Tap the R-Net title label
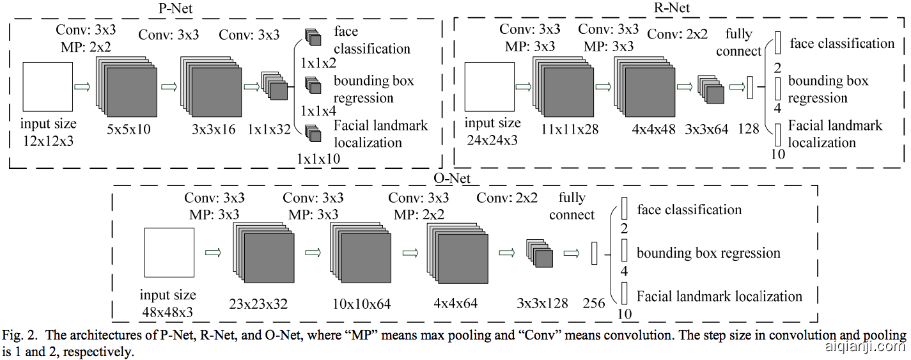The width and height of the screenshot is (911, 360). pos(671,8)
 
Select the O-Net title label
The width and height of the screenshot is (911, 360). pos(452,178)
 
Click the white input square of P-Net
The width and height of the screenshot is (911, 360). pos(47,86)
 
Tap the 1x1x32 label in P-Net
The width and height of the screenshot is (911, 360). pos(269,130)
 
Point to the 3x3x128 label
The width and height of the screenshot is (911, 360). pos(542,304)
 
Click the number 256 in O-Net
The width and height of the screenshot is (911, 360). pos(595,304)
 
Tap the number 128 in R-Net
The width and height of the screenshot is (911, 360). pos(748,129)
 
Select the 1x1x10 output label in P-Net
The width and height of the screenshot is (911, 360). pos(319,157)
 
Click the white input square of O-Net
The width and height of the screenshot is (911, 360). pos(168,253)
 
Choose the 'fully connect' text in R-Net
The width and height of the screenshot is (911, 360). pos(739,42)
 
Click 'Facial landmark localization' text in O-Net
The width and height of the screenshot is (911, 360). pos(719,296)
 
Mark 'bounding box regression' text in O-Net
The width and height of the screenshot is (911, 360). pos(708,253)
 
